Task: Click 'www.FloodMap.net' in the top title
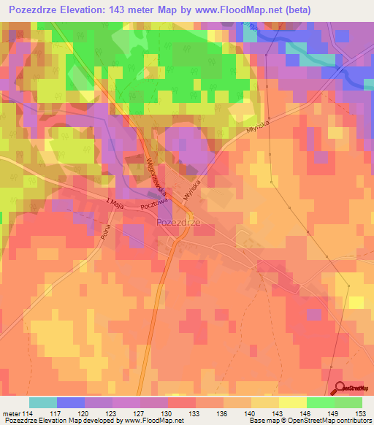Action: tap(230, 10)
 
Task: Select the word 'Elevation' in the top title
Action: tap(93, 10)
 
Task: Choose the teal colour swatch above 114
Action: tap(43, 402)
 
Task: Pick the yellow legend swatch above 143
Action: tap(293, 402)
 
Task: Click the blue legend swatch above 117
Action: tap(71, 402)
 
